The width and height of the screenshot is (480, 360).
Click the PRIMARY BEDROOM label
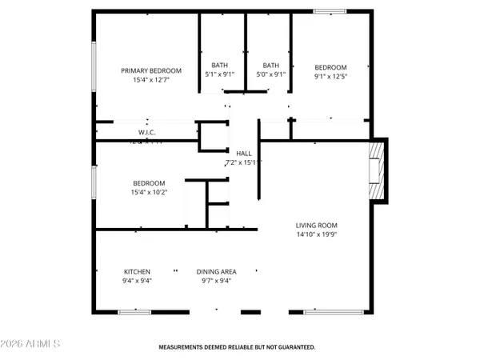[x=151, y=70]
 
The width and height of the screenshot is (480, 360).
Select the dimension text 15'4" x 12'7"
[x=151, y=79]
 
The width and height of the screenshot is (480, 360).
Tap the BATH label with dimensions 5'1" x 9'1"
[x=219, y=66]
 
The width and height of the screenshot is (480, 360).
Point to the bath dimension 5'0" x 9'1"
[x=271, y=74]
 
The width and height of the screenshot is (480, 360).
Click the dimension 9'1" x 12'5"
[x=330, y=76]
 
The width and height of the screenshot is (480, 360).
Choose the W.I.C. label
[x=146, y=132]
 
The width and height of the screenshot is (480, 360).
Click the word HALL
[x=243, y=153]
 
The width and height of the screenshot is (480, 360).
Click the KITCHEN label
[x=137, y=271]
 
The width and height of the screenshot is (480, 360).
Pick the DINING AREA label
[x=216, y=271]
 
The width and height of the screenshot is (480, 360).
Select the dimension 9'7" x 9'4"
[x=216, y=280]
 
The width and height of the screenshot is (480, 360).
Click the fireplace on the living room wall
[x=376, y=170]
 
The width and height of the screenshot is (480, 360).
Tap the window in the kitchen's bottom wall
[x=135, y=311]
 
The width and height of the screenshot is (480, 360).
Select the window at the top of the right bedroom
[x=325, y=10]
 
